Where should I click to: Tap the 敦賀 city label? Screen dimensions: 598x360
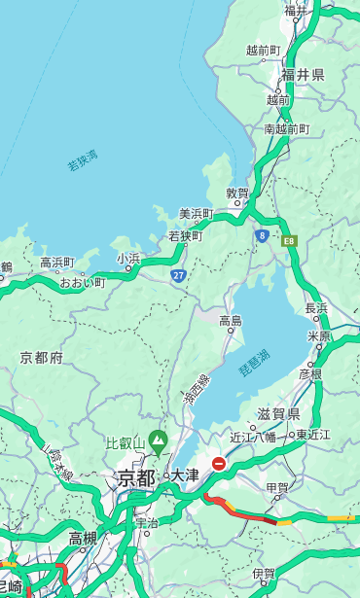[238, 193]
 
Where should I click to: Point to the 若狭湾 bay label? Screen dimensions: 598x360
[83, 160]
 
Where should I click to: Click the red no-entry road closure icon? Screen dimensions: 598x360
[219, 465]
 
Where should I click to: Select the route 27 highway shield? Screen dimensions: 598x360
[179, 275]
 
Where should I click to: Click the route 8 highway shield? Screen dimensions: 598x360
[262, 235]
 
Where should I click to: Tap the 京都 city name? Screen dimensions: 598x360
[136, 476]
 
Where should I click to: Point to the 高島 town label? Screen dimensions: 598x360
[231, 320]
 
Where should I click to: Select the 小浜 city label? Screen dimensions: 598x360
[128, 258]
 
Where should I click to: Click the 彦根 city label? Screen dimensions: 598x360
[310, 374]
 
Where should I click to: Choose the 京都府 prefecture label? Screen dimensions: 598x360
[42, 357]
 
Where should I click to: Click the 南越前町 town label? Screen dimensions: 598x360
[286, 128]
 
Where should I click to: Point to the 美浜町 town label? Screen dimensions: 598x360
[196, 213]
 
